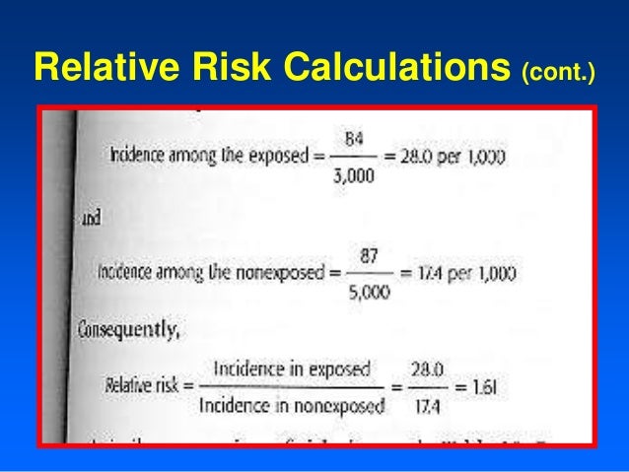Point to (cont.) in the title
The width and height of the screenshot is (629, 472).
(x=557, y=70)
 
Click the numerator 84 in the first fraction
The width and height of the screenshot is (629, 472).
(x=353, y=141)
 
